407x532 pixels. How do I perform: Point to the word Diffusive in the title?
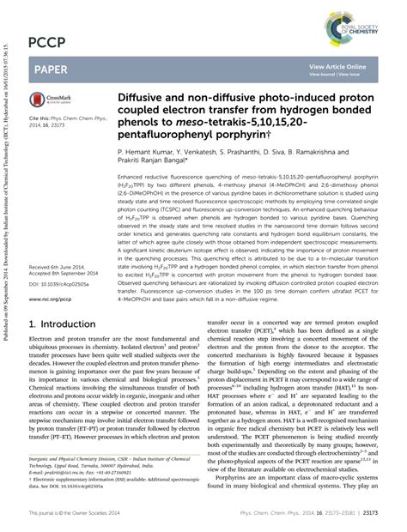[143, 96]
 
